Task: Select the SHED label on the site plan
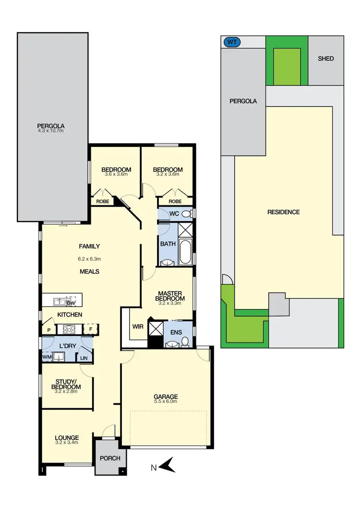pyautogui.click(x=325, y=59)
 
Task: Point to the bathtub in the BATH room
pyautogui.click(x=185, y=252)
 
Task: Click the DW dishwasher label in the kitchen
pyautogui.click(x=71, y=303)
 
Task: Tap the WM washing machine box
pyautogui.click(x=47, y=357)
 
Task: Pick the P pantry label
pyautogui.click(x=48, y=330)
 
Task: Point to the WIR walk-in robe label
pyautogui.click(x=137, y=327)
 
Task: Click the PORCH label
pyautogui.click(x=110, y=458)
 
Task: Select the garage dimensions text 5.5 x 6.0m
pyautogui.click(x=166, y=402)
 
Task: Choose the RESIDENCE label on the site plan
pyautogui.click(x=283, y=212)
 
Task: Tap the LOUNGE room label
pyautogui.click(x=67, y=438)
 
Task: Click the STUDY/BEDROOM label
pyautogui.click(x=67, y=384)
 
